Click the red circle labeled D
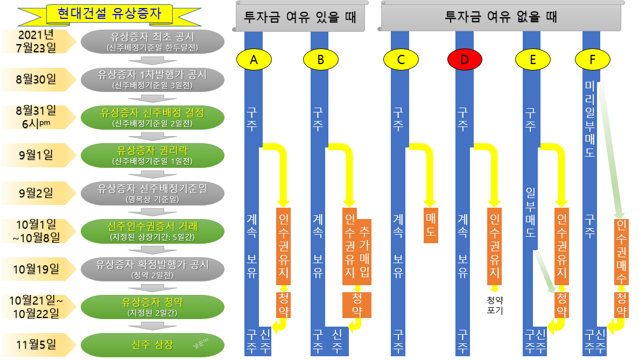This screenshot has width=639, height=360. coord(465,60)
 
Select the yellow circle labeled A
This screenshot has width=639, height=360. coord(254,60)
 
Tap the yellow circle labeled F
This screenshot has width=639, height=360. coord(592,60)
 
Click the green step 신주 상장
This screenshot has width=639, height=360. coord(152,345)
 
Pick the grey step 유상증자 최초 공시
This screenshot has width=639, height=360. coord(152,41)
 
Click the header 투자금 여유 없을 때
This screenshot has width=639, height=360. coord(501,17)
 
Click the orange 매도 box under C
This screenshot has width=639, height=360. coord(431,225)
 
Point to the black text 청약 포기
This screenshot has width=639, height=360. coord(494,305)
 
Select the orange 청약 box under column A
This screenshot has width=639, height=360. coord(283,305)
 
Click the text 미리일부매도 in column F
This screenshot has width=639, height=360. coord(591,119)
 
